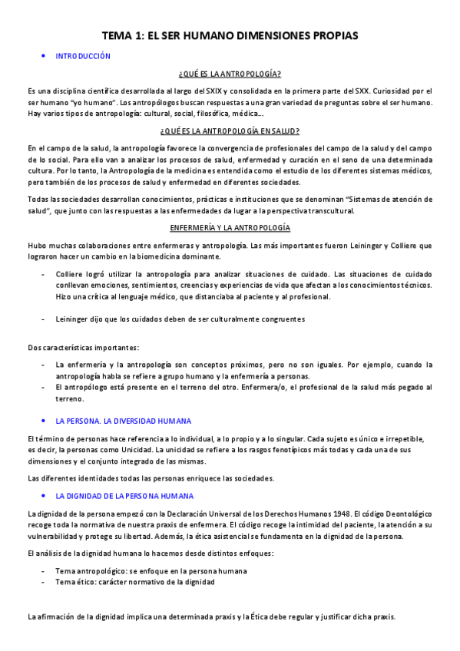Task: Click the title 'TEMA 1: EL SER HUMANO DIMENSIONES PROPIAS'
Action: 230,35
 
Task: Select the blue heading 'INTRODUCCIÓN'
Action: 83,56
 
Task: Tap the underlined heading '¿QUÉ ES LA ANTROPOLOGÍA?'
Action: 230,74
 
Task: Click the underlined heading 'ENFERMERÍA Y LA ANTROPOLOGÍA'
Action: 230,228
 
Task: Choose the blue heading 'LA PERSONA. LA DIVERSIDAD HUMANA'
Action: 124,421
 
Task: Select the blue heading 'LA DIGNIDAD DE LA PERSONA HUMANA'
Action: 124,496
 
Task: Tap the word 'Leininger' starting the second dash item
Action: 74,319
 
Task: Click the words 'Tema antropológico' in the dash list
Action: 90,571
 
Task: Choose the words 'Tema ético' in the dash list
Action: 75,582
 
